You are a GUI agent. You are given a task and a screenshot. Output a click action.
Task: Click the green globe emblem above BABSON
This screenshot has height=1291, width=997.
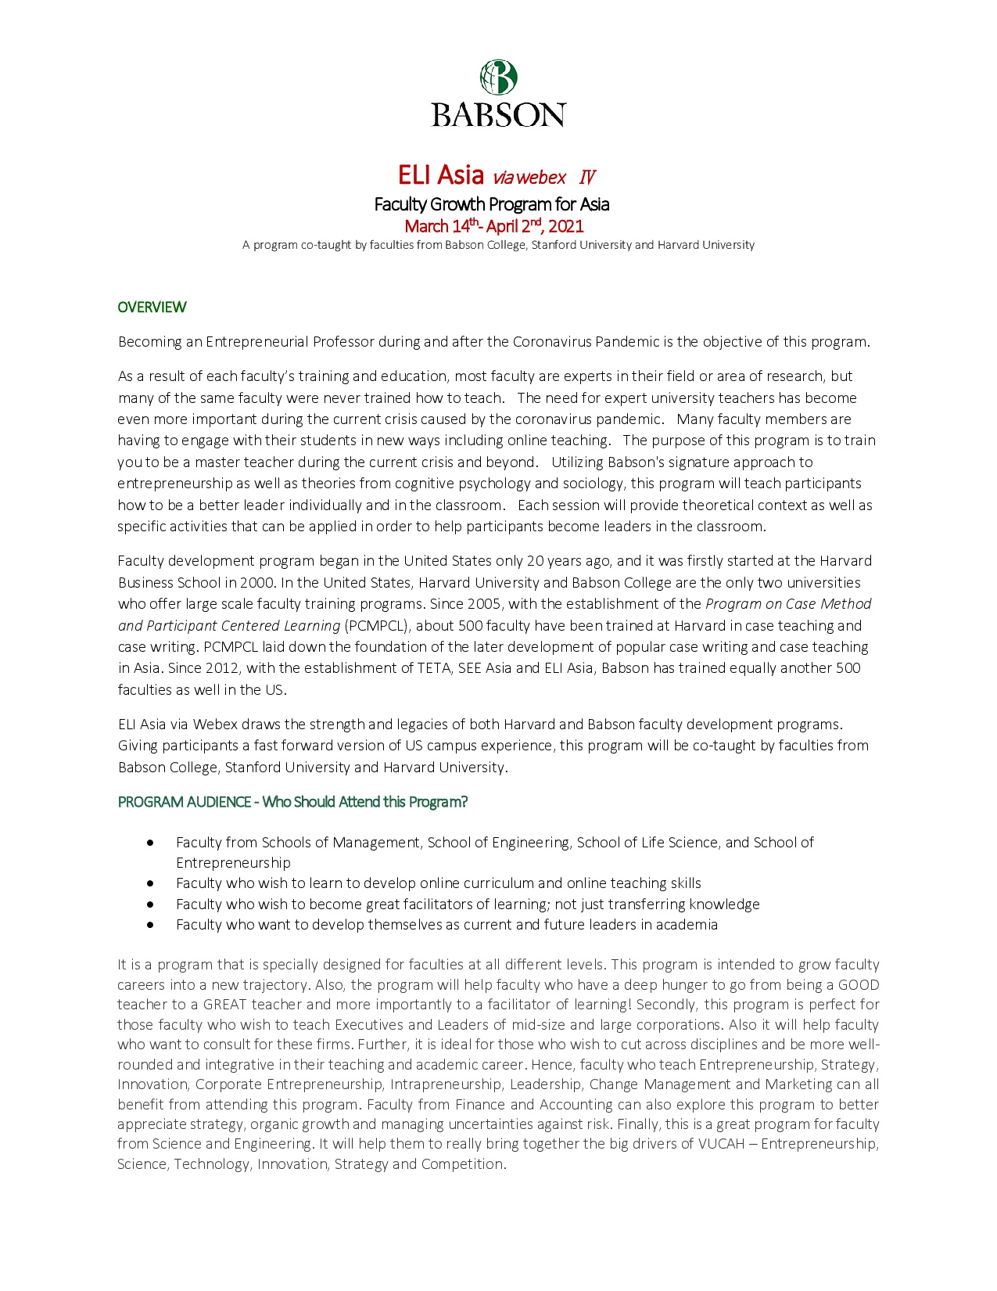498,77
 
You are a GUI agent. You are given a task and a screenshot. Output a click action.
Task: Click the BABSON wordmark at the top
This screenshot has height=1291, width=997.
498,115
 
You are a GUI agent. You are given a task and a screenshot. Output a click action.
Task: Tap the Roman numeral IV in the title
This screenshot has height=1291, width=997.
587,178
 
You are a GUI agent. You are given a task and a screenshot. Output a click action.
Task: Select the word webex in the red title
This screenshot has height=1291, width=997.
540,178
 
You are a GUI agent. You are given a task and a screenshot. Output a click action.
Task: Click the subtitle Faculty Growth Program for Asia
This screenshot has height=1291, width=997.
491,204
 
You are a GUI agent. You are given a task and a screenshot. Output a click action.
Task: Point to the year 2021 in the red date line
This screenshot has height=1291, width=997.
566,227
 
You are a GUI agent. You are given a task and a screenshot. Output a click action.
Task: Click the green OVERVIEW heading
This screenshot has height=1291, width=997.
152,307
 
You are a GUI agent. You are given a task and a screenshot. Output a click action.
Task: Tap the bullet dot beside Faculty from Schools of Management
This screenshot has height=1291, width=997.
150,843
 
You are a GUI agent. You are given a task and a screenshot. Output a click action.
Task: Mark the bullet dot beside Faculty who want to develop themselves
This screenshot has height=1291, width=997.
150,925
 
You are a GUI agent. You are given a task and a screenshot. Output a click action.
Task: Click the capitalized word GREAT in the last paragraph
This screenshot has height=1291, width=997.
224,1005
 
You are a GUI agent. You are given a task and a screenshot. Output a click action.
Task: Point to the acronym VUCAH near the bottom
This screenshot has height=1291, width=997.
721,1144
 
